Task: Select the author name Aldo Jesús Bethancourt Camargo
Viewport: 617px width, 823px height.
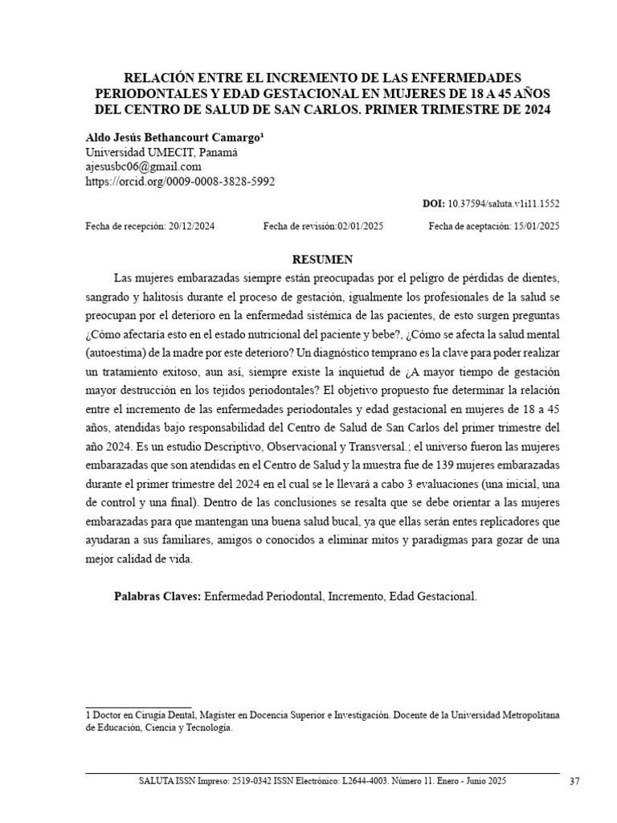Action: click(x=174, y=138)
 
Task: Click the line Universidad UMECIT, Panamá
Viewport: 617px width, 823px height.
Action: click(x=161, y=153)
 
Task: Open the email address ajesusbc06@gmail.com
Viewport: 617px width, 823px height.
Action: click(x=143, y=167)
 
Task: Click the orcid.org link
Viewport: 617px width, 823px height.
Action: click(x=180, y=182)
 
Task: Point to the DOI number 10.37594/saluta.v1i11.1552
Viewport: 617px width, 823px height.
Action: click(x=503, y=205)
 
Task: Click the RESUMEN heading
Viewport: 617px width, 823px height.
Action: click(x=321, y=259)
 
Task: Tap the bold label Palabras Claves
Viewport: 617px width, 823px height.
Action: click(x=157, y=597)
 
